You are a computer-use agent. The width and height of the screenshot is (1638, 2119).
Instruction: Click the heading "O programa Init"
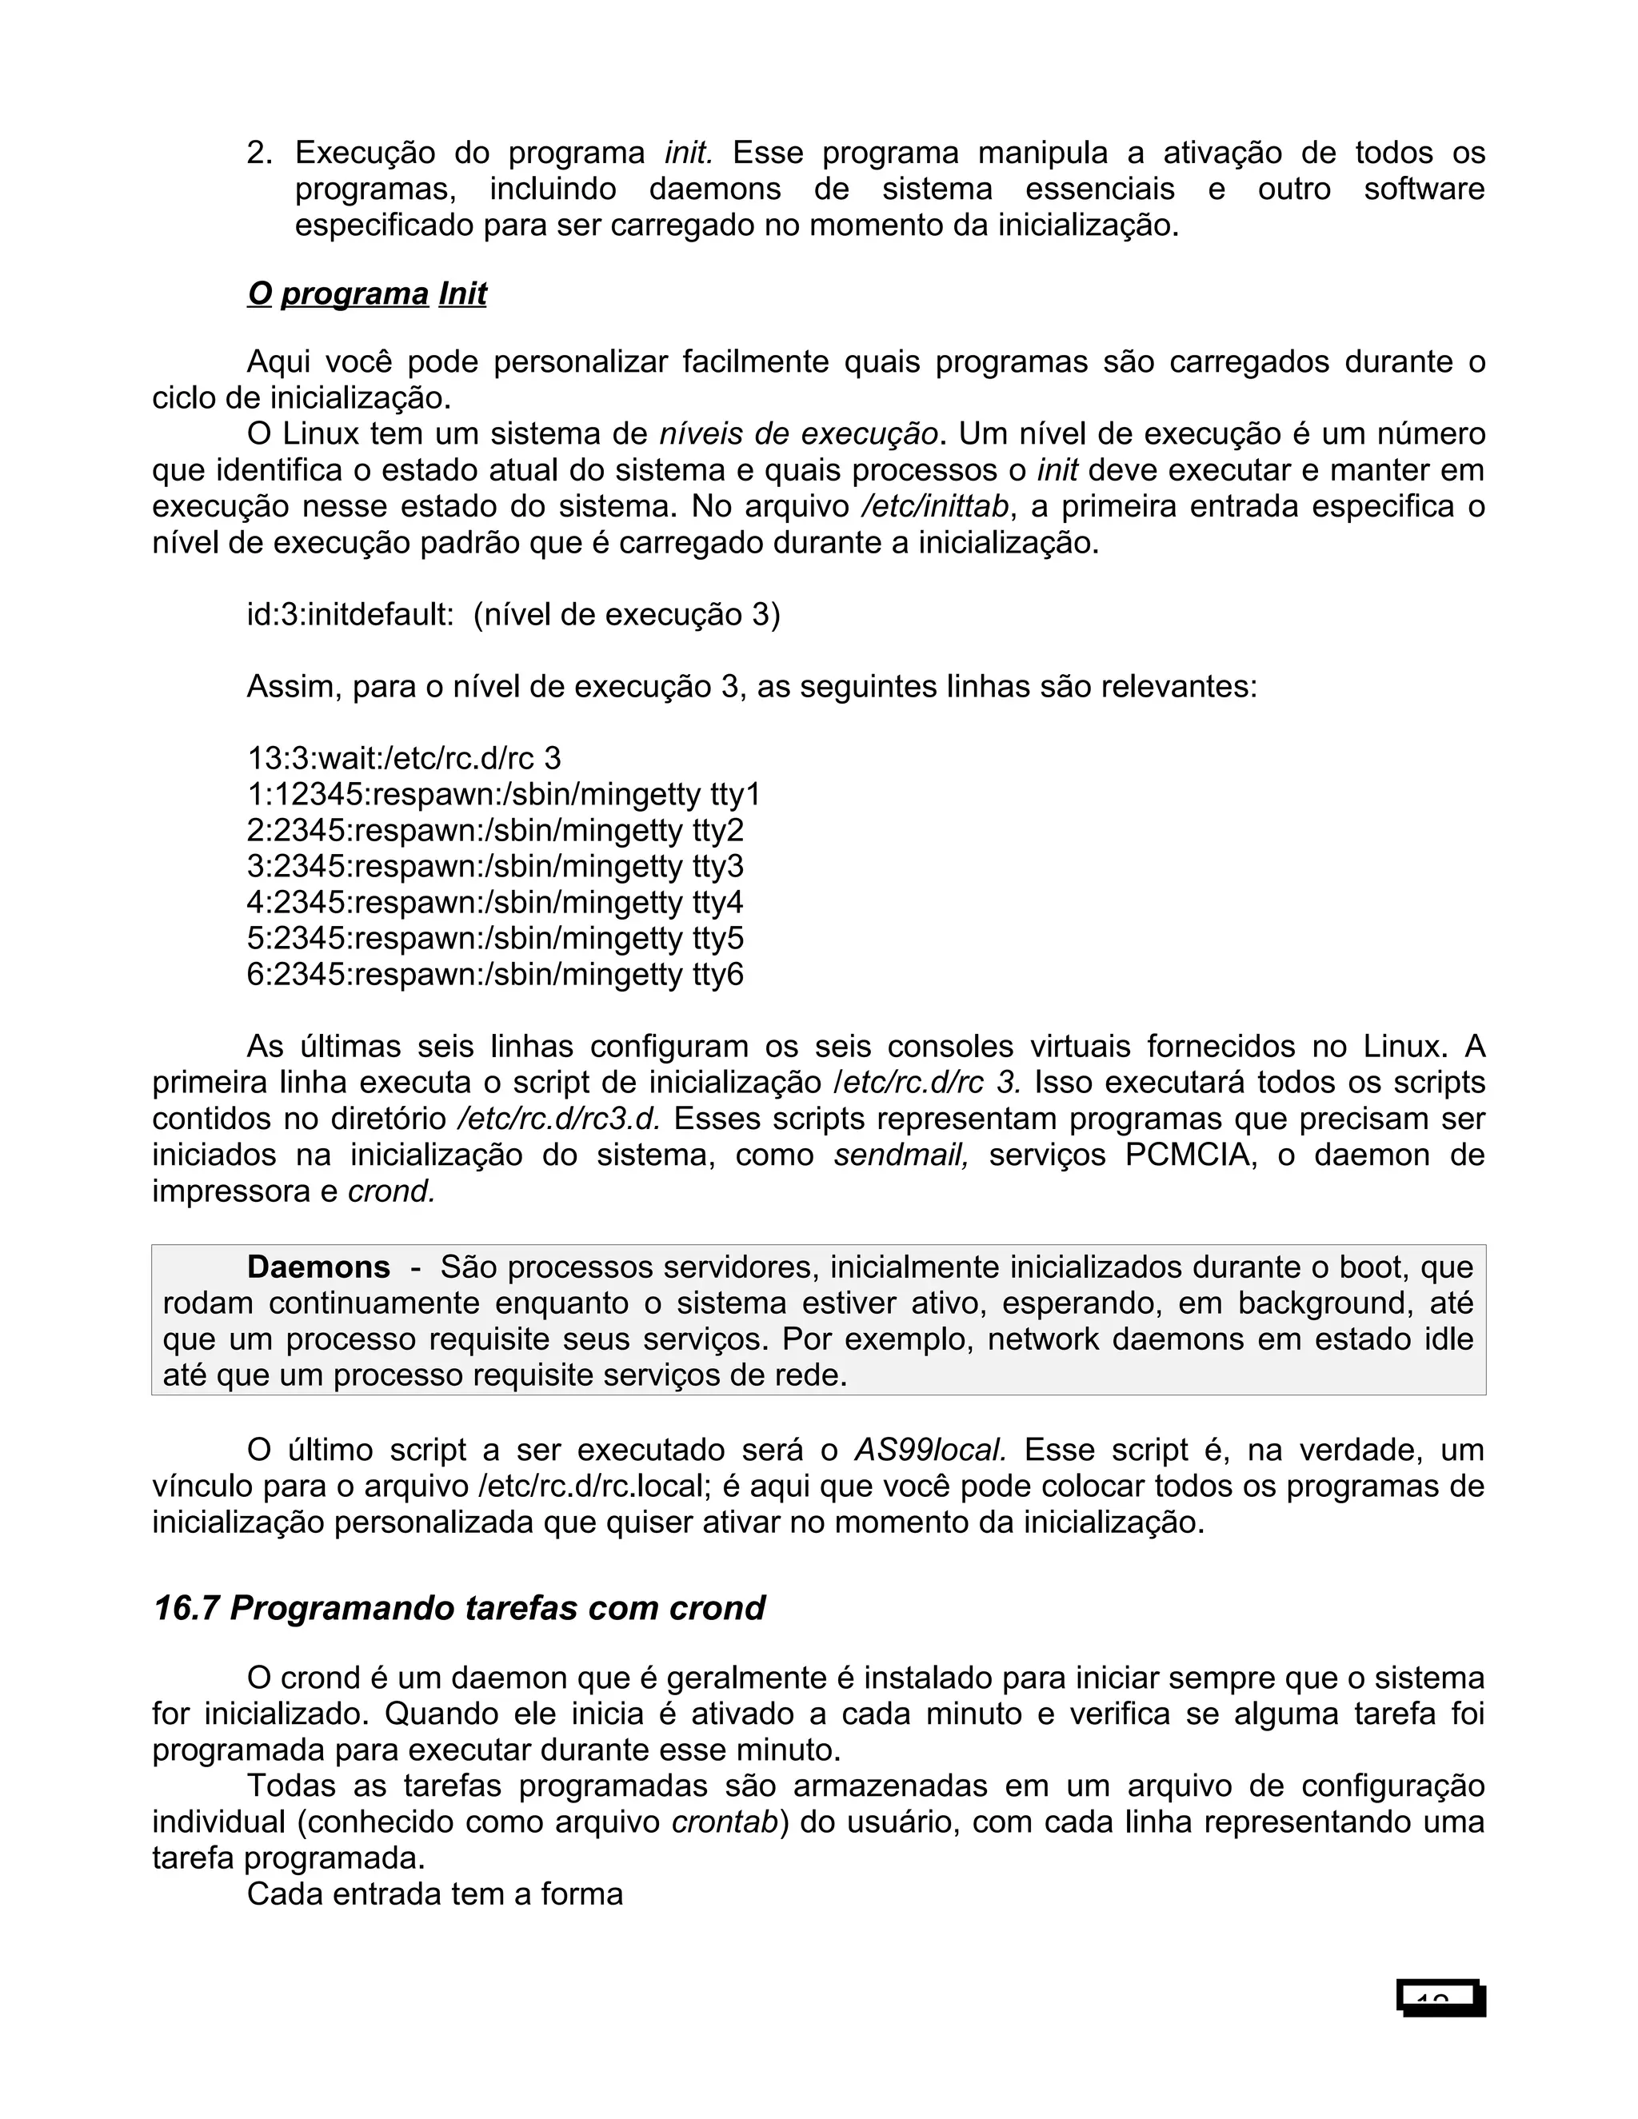tap(367, 294)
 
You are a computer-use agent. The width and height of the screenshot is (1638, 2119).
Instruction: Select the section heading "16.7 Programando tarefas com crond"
tap(459, 1609)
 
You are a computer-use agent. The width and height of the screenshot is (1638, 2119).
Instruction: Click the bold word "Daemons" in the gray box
tap(318, 1267)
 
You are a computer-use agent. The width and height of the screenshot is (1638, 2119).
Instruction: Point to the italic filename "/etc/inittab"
tap(934, 506)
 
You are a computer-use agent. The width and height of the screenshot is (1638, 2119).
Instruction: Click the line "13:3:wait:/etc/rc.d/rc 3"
tap(404, 758)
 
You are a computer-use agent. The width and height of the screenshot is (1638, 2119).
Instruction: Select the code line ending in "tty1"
tap(504, 795)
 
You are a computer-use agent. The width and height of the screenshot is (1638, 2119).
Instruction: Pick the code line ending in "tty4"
tap(495, 902)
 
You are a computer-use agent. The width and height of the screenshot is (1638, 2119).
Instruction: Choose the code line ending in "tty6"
tap(495, 974)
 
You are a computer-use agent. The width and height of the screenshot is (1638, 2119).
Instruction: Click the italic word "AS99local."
tap(929, 1451)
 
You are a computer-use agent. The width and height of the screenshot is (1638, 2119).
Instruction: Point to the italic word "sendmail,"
tap(901, 1155)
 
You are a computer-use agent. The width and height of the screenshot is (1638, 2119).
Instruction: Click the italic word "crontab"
tap(725, 1822)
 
